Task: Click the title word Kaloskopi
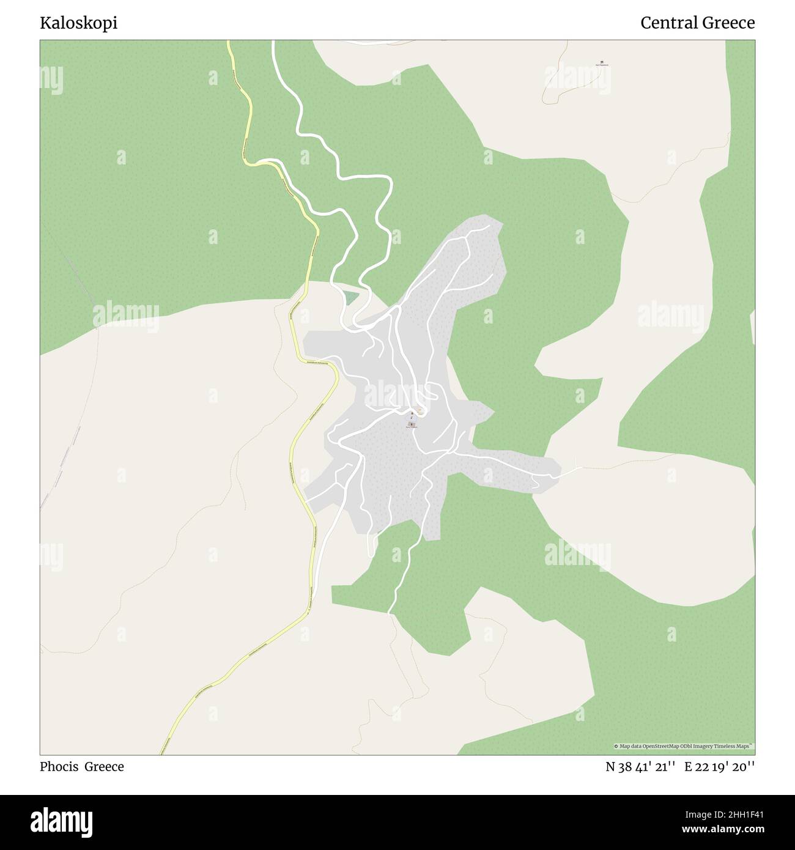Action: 78,23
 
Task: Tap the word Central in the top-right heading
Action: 669,23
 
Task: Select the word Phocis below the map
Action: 59,767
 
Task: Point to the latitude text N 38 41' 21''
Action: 640,767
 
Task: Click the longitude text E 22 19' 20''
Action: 720,767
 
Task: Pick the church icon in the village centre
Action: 412,423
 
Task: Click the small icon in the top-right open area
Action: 602,62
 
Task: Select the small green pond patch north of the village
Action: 350,298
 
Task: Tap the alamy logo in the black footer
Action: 61,821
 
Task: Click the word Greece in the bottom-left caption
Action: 104,767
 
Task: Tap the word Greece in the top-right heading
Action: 728,23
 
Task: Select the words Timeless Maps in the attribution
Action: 736,746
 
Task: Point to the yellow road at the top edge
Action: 229,43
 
